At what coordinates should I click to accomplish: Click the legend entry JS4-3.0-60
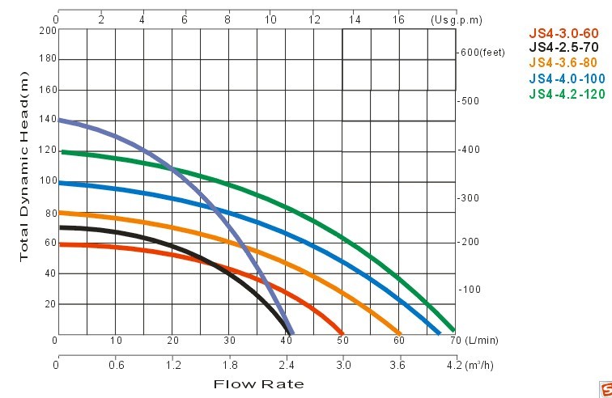[x=563, y=33]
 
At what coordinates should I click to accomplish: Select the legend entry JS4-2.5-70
[x=563, y=48]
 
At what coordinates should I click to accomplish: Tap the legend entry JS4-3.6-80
[x=563, y=63]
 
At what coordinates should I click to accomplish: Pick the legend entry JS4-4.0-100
[x=567, y=78]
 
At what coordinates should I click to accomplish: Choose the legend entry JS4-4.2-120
[x=567, y=94]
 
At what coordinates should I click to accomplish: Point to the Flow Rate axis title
[x=258, y=383]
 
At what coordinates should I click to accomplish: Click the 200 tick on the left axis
[x=47, y=30]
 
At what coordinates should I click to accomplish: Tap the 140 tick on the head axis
[x=47, y=120]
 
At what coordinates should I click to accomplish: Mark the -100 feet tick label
[x=470, y=290]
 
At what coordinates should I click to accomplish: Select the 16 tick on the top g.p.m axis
[x=398, y=19]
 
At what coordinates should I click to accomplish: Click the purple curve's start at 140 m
[x=61, y=121]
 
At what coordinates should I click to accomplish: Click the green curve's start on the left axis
[x=62, y=151]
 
